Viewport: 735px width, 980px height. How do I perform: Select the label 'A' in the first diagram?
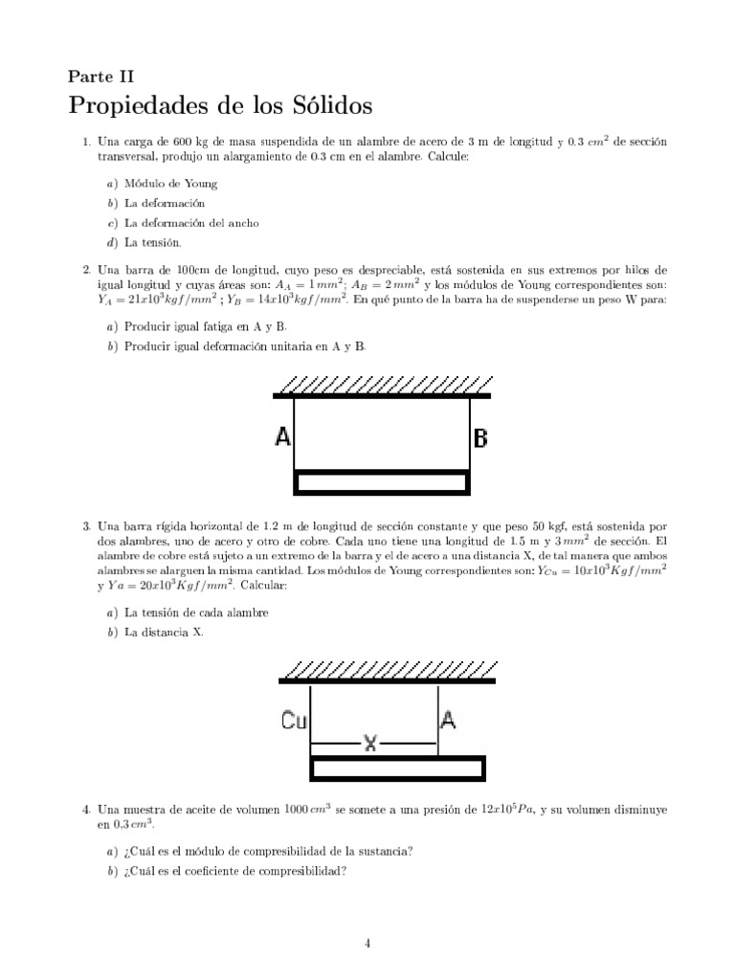click(x=282, y=437)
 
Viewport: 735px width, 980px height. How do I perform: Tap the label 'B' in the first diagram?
click(x=481, y=438)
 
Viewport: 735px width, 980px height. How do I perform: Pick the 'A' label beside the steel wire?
click(x=448, y=720)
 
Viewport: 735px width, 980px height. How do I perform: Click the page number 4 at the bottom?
click(x=367, y=943)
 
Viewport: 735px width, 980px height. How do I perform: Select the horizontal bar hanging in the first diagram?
click(x=382, y=483)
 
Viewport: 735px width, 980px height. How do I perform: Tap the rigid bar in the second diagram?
click(x=398, y=768)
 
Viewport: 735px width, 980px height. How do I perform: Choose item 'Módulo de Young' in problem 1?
click(x=170, y=183)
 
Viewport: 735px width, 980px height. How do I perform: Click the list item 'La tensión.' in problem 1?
click(x=152, y=243)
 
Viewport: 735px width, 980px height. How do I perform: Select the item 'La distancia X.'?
click(x=164, y=633)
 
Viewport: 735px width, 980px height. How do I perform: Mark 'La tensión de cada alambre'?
click(x=196, y=612)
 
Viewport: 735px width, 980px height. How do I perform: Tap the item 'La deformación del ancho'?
click(x=191, y=223)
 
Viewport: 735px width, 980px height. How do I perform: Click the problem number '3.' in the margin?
click(x=86, y=525)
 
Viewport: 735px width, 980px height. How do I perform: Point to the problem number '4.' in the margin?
click(x=86, y=809)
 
